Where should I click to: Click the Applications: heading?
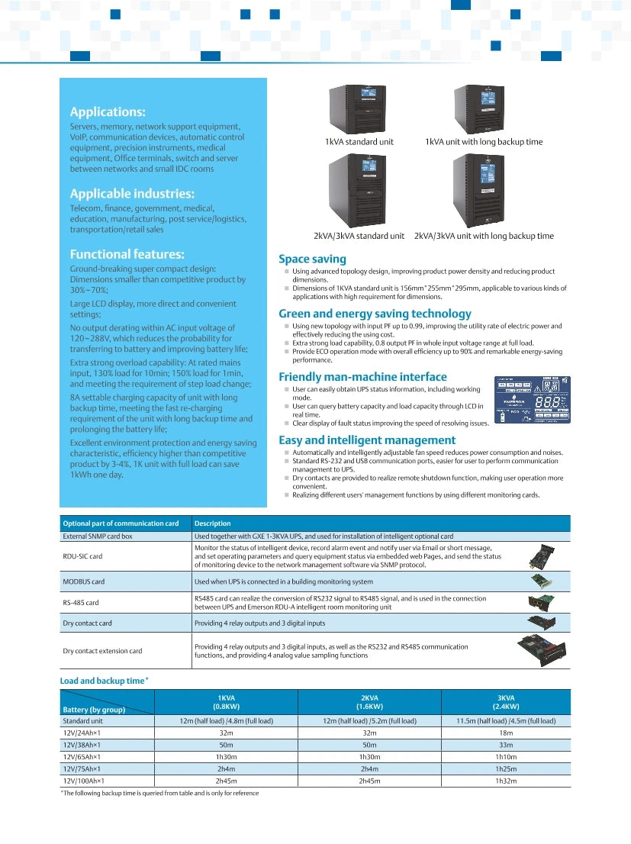click(x=108, y=112)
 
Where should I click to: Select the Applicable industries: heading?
click(x=132, y=194)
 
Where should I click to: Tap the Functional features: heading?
click(x=127, y=254)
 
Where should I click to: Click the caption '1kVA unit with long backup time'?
click(x=484, y=142)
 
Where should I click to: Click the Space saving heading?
click(x=312, y=259)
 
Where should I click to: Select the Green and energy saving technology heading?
click(x=375, y=314)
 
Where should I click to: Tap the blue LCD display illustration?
click(x=533, y=400)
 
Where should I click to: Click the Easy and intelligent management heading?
click(x=367, y=440)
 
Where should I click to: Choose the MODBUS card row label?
click(x=84, y=581)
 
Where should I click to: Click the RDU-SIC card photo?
click(x=542, y=556)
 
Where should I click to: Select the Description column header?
click(x=213, y=523)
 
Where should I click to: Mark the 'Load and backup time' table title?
click(x=105, y=680)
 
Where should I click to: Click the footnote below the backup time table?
click(x=159, y=793)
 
